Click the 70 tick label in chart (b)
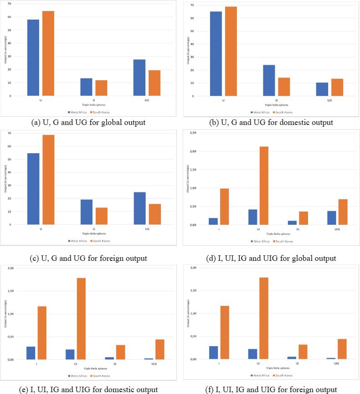[x=192, y=5]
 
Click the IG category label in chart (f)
[x=297, y=363]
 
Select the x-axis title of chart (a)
[x=90, y=104]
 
